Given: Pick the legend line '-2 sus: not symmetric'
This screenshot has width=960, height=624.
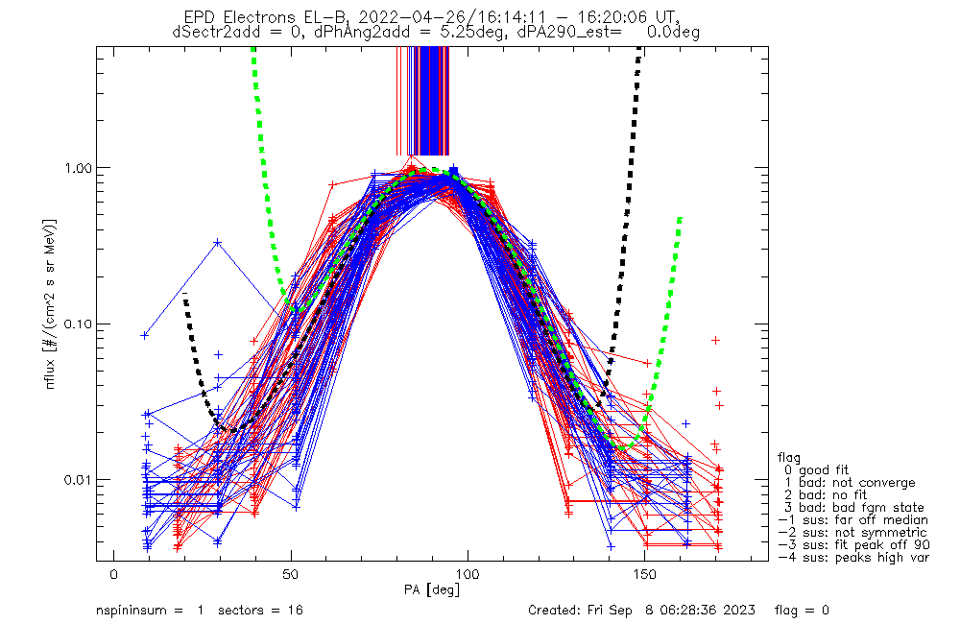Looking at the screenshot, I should (852, 533).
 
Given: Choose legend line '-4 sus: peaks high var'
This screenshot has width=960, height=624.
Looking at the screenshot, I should (853, 558).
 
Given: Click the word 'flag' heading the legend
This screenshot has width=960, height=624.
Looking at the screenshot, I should (790, 458).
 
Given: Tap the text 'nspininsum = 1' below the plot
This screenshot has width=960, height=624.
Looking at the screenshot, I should (149, 611).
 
